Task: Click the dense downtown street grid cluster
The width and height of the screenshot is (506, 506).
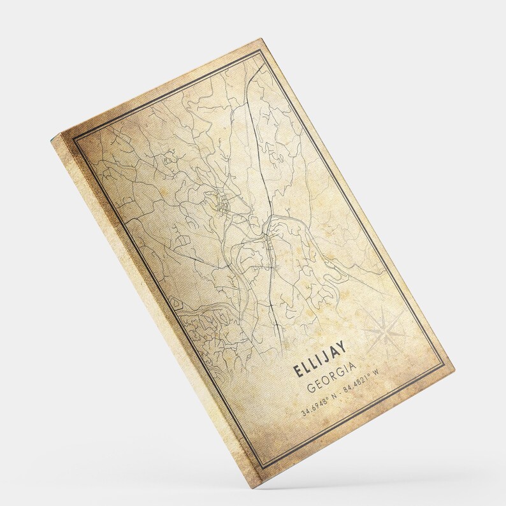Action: pyautogui.click(x=222, y=205)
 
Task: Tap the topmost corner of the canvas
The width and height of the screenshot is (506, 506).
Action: pyautogui.click(x=263, y=39)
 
